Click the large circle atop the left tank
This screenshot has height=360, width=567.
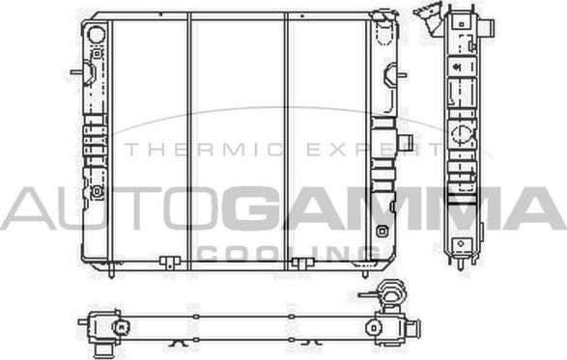click(x=96, y=34)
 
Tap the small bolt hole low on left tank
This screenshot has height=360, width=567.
click(x=97, y=191)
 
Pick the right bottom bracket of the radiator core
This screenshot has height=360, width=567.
click(x=302, y=263)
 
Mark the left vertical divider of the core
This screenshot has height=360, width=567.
click(x=190, y=140)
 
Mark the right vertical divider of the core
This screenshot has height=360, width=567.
click(x=287, y=140)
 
